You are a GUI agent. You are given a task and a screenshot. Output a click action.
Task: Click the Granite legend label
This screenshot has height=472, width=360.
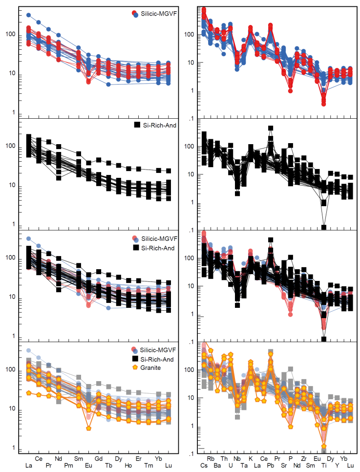(x=151, y=367)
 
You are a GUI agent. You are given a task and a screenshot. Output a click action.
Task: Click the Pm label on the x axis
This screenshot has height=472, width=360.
(x=68, y=466)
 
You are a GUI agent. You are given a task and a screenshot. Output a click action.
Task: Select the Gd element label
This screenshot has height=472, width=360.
(x=99, y=459)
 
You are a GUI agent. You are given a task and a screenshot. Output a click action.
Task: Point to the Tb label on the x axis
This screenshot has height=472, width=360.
(x=108, y=466)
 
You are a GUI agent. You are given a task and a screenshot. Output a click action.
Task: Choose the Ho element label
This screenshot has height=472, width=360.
(x=128, y=466)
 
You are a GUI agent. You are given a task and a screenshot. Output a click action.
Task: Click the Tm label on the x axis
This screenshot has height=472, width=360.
(x=148, y=466)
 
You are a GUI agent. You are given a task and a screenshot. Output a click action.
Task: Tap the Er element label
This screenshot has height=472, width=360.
(x=139, y=459)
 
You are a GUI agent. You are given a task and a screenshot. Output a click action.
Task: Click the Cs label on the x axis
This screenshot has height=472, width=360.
(x=204, y=466)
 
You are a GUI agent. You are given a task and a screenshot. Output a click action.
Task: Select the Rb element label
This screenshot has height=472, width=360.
(x=211, y=459)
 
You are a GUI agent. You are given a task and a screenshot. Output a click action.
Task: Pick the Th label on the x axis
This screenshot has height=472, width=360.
(x=224, y=459)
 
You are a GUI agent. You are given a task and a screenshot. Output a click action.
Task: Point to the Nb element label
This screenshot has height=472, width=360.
(x=237, y=459)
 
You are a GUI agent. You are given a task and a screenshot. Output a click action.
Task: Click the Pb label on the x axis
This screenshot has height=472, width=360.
(x=271, y=466)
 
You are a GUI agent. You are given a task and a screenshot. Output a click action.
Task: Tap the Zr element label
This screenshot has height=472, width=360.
(x=304, y=459)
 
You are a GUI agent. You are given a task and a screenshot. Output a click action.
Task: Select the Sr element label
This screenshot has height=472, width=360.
(x=284, y=466)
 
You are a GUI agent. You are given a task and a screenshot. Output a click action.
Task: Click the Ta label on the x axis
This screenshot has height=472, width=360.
(x=244, y=466)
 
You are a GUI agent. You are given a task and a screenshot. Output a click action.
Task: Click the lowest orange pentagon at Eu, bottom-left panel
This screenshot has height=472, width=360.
(x=88, y=428)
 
